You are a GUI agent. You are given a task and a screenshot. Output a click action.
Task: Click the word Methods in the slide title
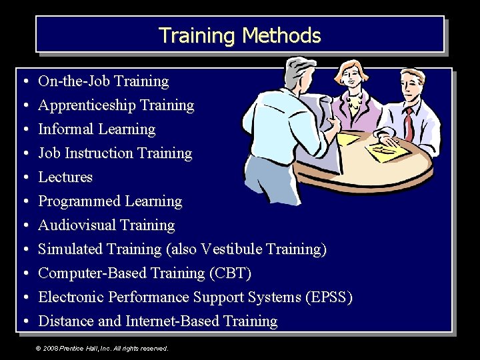click(282, 35)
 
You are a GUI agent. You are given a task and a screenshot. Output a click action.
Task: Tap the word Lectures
click(65, 177)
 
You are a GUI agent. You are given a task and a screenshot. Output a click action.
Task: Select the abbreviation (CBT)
click(230, 273)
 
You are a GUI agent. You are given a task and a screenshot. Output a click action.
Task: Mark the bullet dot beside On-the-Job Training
click(24, 82)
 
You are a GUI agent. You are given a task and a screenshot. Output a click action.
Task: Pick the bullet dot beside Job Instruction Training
click(24, 154)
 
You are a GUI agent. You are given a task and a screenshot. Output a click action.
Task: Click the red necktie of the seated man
click(409, 124)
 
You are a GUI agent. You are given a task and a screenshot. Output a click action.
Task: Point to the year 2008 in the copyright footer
click(49, 348)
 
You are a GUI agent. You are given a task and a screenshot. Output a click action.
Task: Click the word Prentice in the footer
click(73, 348)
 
